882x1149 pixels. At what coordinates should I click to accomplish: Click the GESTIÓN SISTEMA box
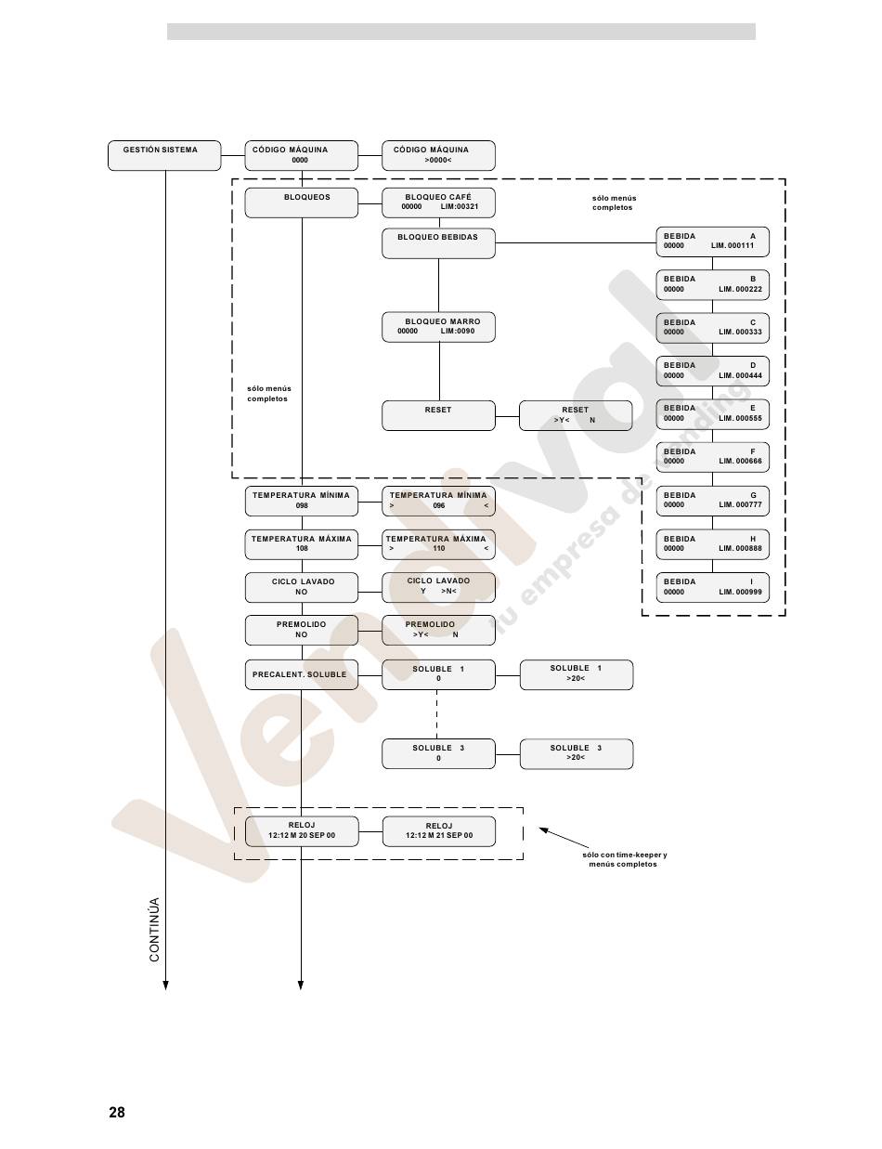(x=164, y=155)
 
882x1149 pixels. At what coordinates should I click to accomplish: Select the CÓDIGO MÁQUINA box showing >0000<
(x=438, y=155)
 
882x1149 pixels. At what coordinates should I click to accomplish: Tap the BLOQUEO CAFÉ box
(x=438, y=202)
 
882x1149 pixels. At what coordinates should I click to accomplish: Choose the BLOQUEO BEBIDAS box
(x=438, y=243)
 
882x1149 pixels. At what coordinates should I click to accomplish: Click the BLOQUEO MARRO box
(x=438, y=326)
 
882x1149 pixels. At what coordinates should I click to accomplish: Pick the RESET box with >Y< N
(x=576, y=415)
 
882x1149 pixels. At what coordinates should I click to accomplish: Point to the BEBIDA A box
(x=712, y=242)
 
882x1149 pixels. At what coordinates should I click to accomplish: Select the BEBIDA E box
(x=712, y=413)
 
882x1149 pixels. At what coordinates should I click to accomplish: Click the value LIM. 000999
(x=740, y=592)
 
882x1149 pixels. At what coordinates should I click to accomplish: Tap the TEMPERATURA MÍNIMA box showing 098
(x=301, y=501)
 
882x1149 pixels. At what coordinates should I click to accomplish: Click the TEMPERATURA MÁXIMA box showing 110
(x=438, y=543)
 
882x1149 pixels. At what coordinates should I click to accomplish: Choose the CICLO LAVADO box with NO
(x=301, y=587)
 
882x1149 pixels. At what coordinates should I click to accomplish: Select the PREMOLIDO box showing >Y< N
(x=438, y=630)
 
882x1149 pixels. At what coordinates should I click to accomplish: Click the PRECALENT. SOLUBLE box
(x=301, y=674)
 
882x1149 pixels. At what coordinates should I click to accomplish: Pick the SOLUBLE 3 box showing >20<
(x=576, y=753)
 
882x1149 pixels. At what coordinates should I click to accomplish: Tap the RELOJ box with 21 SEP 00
(x=438, y=831)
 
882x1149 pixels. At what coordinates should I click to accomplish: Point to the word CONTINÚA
(x=155, y=929)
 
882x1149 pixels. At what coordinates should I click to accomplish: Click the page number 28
(x=117, y=1113)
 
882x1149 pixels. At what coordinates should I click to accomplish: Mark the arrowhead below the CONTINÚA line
(x=165, y=985)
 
